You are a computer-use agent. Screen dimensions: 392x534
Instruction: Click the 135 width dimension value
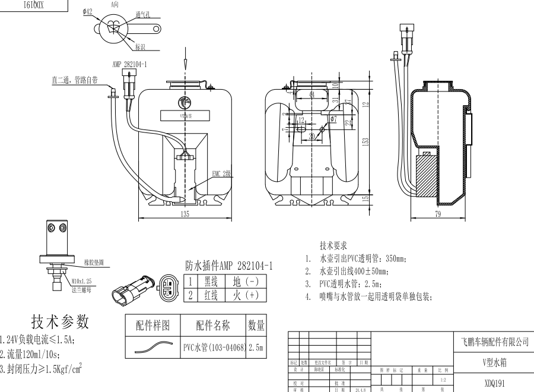[186, 214]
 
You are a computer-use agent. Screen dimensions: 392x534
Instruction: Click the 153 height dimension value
[366, 141]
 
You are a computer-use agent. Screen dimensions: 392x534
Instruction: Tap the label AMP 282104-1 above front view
[129, 64]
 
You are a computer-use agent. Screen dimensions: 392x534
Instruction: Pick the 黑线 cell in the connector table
[211, 280]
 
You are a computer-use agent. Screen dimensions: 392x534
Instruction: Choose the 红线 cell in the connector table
[211, 295]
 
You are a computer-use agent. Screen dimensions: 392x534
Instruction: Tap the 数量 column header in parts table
[256, 325]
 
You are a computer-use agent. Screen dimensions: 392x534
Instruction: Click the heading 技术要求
[333, 245]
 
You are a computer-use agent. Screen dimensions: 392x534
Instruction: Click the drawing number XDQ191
[494, 383]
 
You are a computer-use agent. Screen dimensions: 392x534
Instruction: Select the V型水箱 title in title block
[494, 362]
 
